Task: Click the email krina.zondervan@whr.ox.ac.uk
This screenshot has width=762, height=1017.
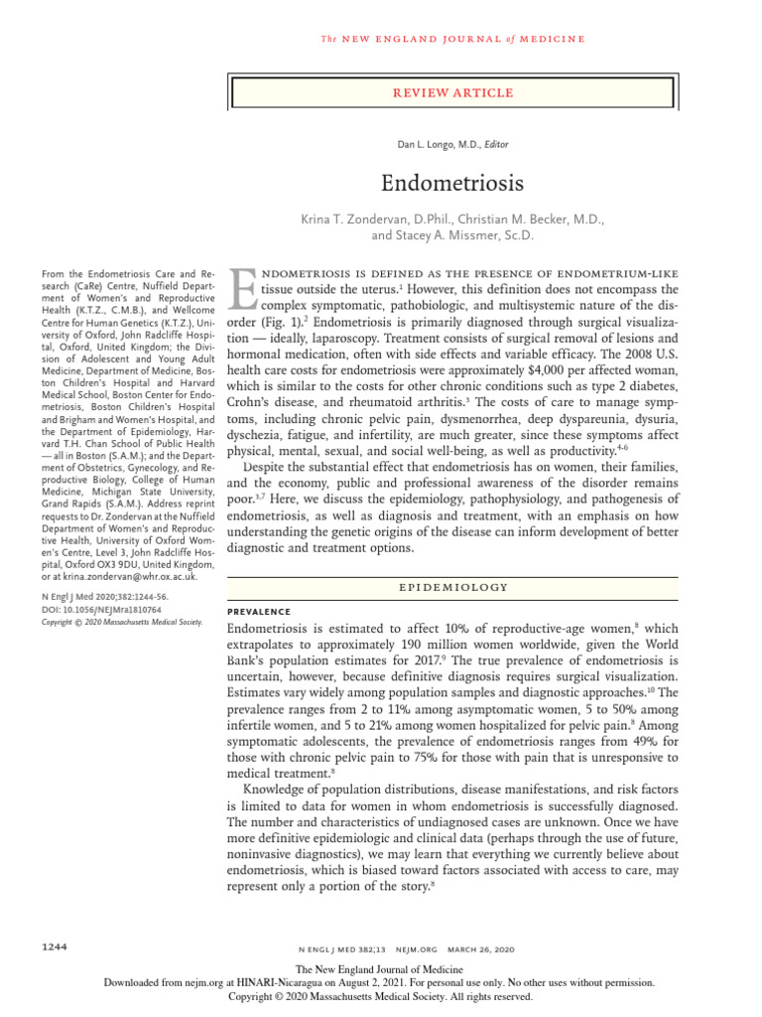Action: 97,576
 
